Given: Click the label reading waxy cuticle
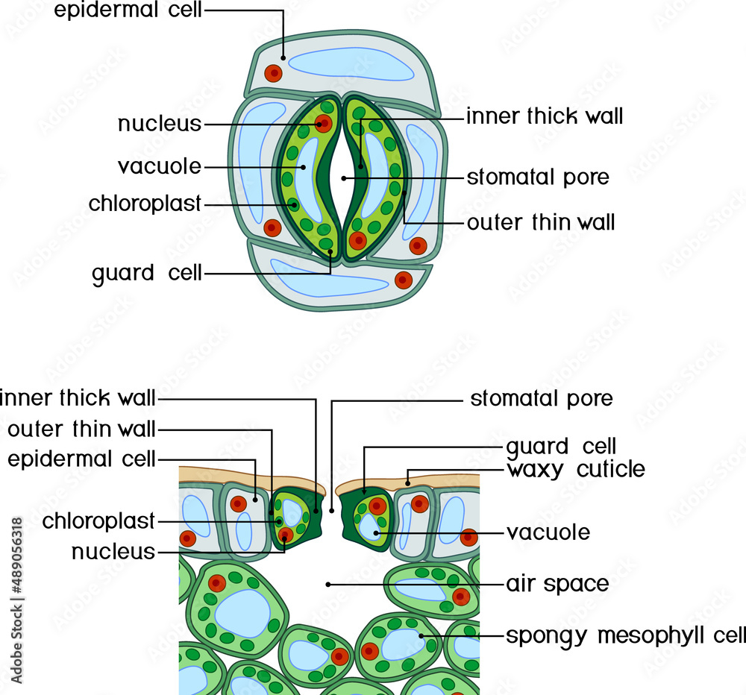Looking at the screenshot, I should coord(575,470).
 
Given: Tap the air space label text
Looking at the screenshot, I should coord(557,583).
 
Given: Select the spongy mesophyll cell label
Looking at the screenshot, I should coord(625,636).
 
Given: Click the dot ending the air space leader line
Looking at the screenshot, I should coord(327,584).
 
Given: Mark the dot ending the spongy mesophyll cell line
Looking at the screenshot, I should coord(422,636).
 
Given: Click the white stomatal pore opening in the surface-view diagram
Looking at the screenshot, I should coord(342,178).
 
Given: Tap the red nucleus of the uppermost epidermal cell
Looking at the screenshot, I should coord(274,73).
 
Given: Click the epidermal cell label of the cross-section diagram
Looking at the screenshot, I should coord(81,458).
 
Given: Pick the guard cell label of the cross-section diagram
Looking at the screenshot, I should coord(561,447).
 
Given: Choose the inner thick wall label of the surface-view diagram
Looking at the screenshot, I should coord(545,116).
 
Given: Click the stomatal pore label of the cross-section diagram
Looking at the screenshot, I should coord(541,399).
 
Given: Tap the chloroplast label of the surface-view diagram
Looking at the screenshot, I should coord(145,204).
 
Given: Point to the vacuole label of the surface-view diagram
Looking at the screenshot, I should coord(159,166).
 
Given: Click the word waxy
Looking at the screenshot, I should coord(533,470).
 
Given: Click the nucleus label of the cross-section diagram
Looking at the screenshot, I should coord(113,553).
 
